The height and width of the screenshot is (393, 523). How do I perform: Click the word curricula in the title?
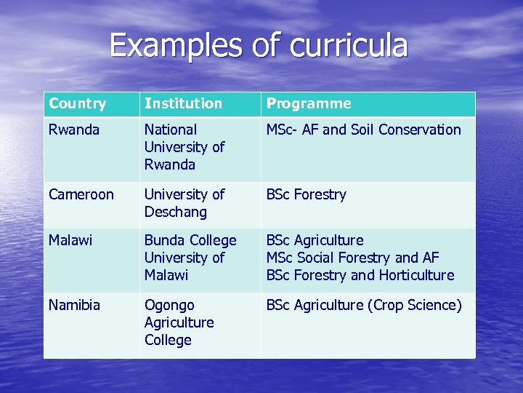click(x=349, y=45)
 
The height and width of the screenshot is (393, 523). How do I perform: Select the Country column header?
click(x=77, y=103)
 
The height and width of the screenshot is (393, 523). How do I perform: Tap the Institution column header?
click(x=183, y=103)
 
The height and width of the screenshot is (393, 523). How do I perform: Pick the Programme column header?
click(x=309, y=103)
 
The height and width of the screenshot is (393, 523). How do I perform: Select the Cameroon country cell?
click(x=81, y=194)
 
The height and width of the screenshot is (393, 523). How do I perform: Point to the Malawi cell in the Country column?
click(x=70, y=240)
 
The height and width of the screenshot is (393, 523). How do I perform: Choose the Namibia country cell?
click(x=74, y=305)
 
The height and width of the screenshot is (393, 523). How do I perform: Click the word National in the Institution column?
click(x=171, y=130)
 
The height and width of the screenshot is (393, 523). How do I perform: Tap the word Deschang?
click(x=175, y=212)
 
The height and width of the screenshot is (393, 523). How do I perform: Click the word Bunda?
click(x=165, y=240)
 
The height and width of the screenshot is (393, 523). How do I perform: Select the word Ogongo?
click(x=169, y=305)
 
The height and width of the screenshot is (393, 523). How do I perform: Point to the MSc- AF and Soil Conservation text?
click(x=363, y=130)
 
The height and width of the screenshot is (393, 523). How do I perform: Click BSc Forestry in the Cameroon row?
click(x=306, y=194)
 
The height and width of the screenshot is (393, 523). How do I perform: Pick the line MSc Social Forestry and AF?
click(x=352, y=258)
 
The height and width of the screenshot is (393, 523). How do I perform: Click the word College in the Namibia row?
click(x=168, y=340)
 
